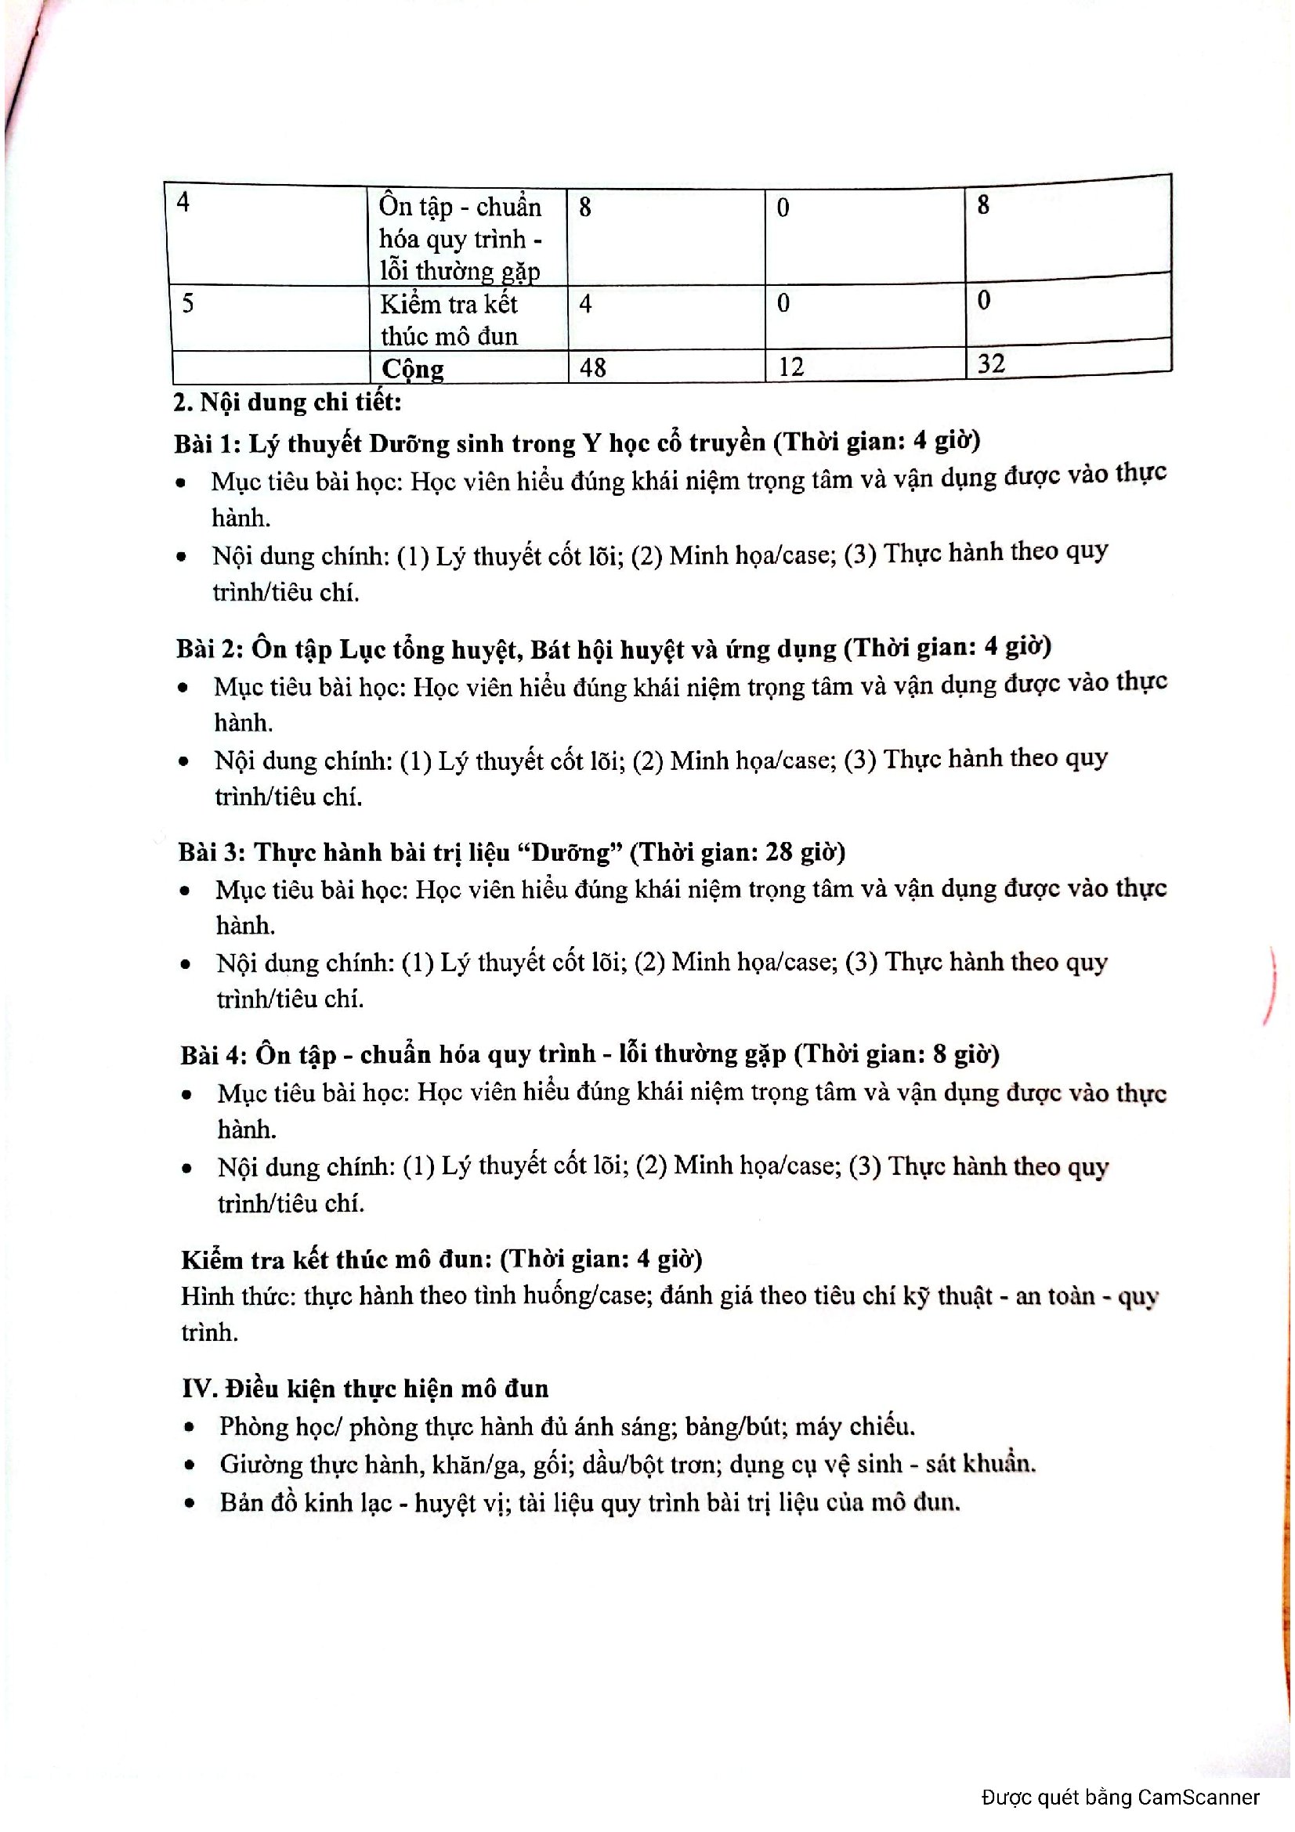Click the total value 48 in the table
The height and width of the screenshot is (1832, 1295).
(x=593, y=367)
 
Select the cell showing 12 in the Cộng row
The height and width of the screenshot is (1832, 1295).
(x=790, y=367)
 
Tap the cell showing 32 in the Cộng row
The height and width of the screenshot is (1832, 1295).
(x=991, y=364)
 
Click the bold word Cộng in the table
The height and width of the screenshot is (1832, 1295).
(x=413, y=369)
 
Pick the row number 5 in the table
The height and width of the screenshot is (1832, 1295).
(x=187, y=303)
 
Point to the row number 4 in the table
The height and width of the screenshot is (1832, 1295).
(x=183, y=203)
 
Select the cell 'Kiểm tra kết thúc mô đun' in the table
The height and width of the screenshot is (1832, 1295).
(x=449, y=319)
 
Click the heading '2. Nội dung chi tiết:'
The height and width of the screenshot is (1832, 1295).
(x=288, y=401)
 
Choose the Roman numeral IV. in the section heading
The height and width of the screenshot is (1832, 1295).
(x=198, y=1389)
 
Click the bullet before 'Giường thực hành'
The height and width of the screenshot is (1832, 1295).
(x=189, y=1465)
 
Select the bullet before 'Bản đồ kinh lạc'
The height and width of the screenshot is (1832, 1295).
(x=189, y=1504)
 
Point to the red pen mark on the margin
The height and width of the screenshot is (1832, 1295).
(x=1271, y=985)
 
